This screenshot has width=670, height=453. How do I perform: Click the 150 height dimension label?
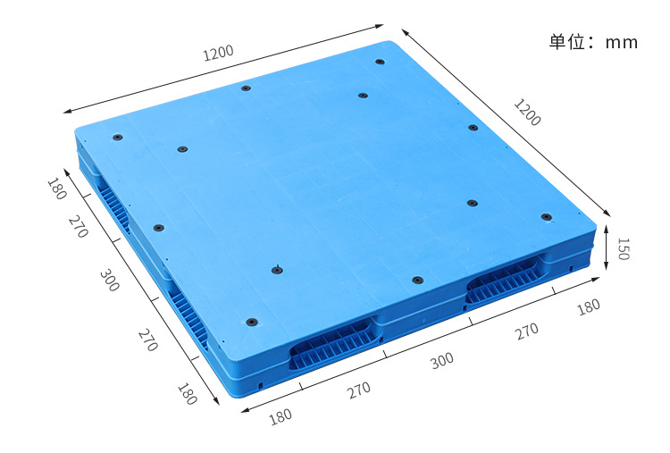(x=624, y=249)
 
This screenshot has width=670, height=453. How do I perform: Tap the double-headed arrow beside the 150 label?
(x=607, y=247)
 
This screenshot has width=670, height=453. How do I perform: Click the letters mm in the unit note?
(x=622, y=43)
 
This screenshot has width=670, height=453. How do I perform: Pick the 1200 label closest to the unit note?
(x=527, y=113)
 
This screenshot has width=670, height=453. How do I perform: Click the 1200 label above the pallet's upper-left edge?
(x=218, y=53)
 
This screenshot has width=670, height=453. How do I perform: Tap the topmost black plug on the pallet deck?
(x=380, y=62)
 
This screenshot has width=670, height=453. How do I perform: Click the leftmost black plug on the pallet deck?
(x=118, y=138)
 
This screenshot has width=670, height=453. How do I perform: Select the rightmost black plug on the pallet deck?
(x=547, y=217)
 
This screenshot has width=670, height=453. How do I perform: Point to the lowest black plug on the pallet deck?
(x=252, y=322)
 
